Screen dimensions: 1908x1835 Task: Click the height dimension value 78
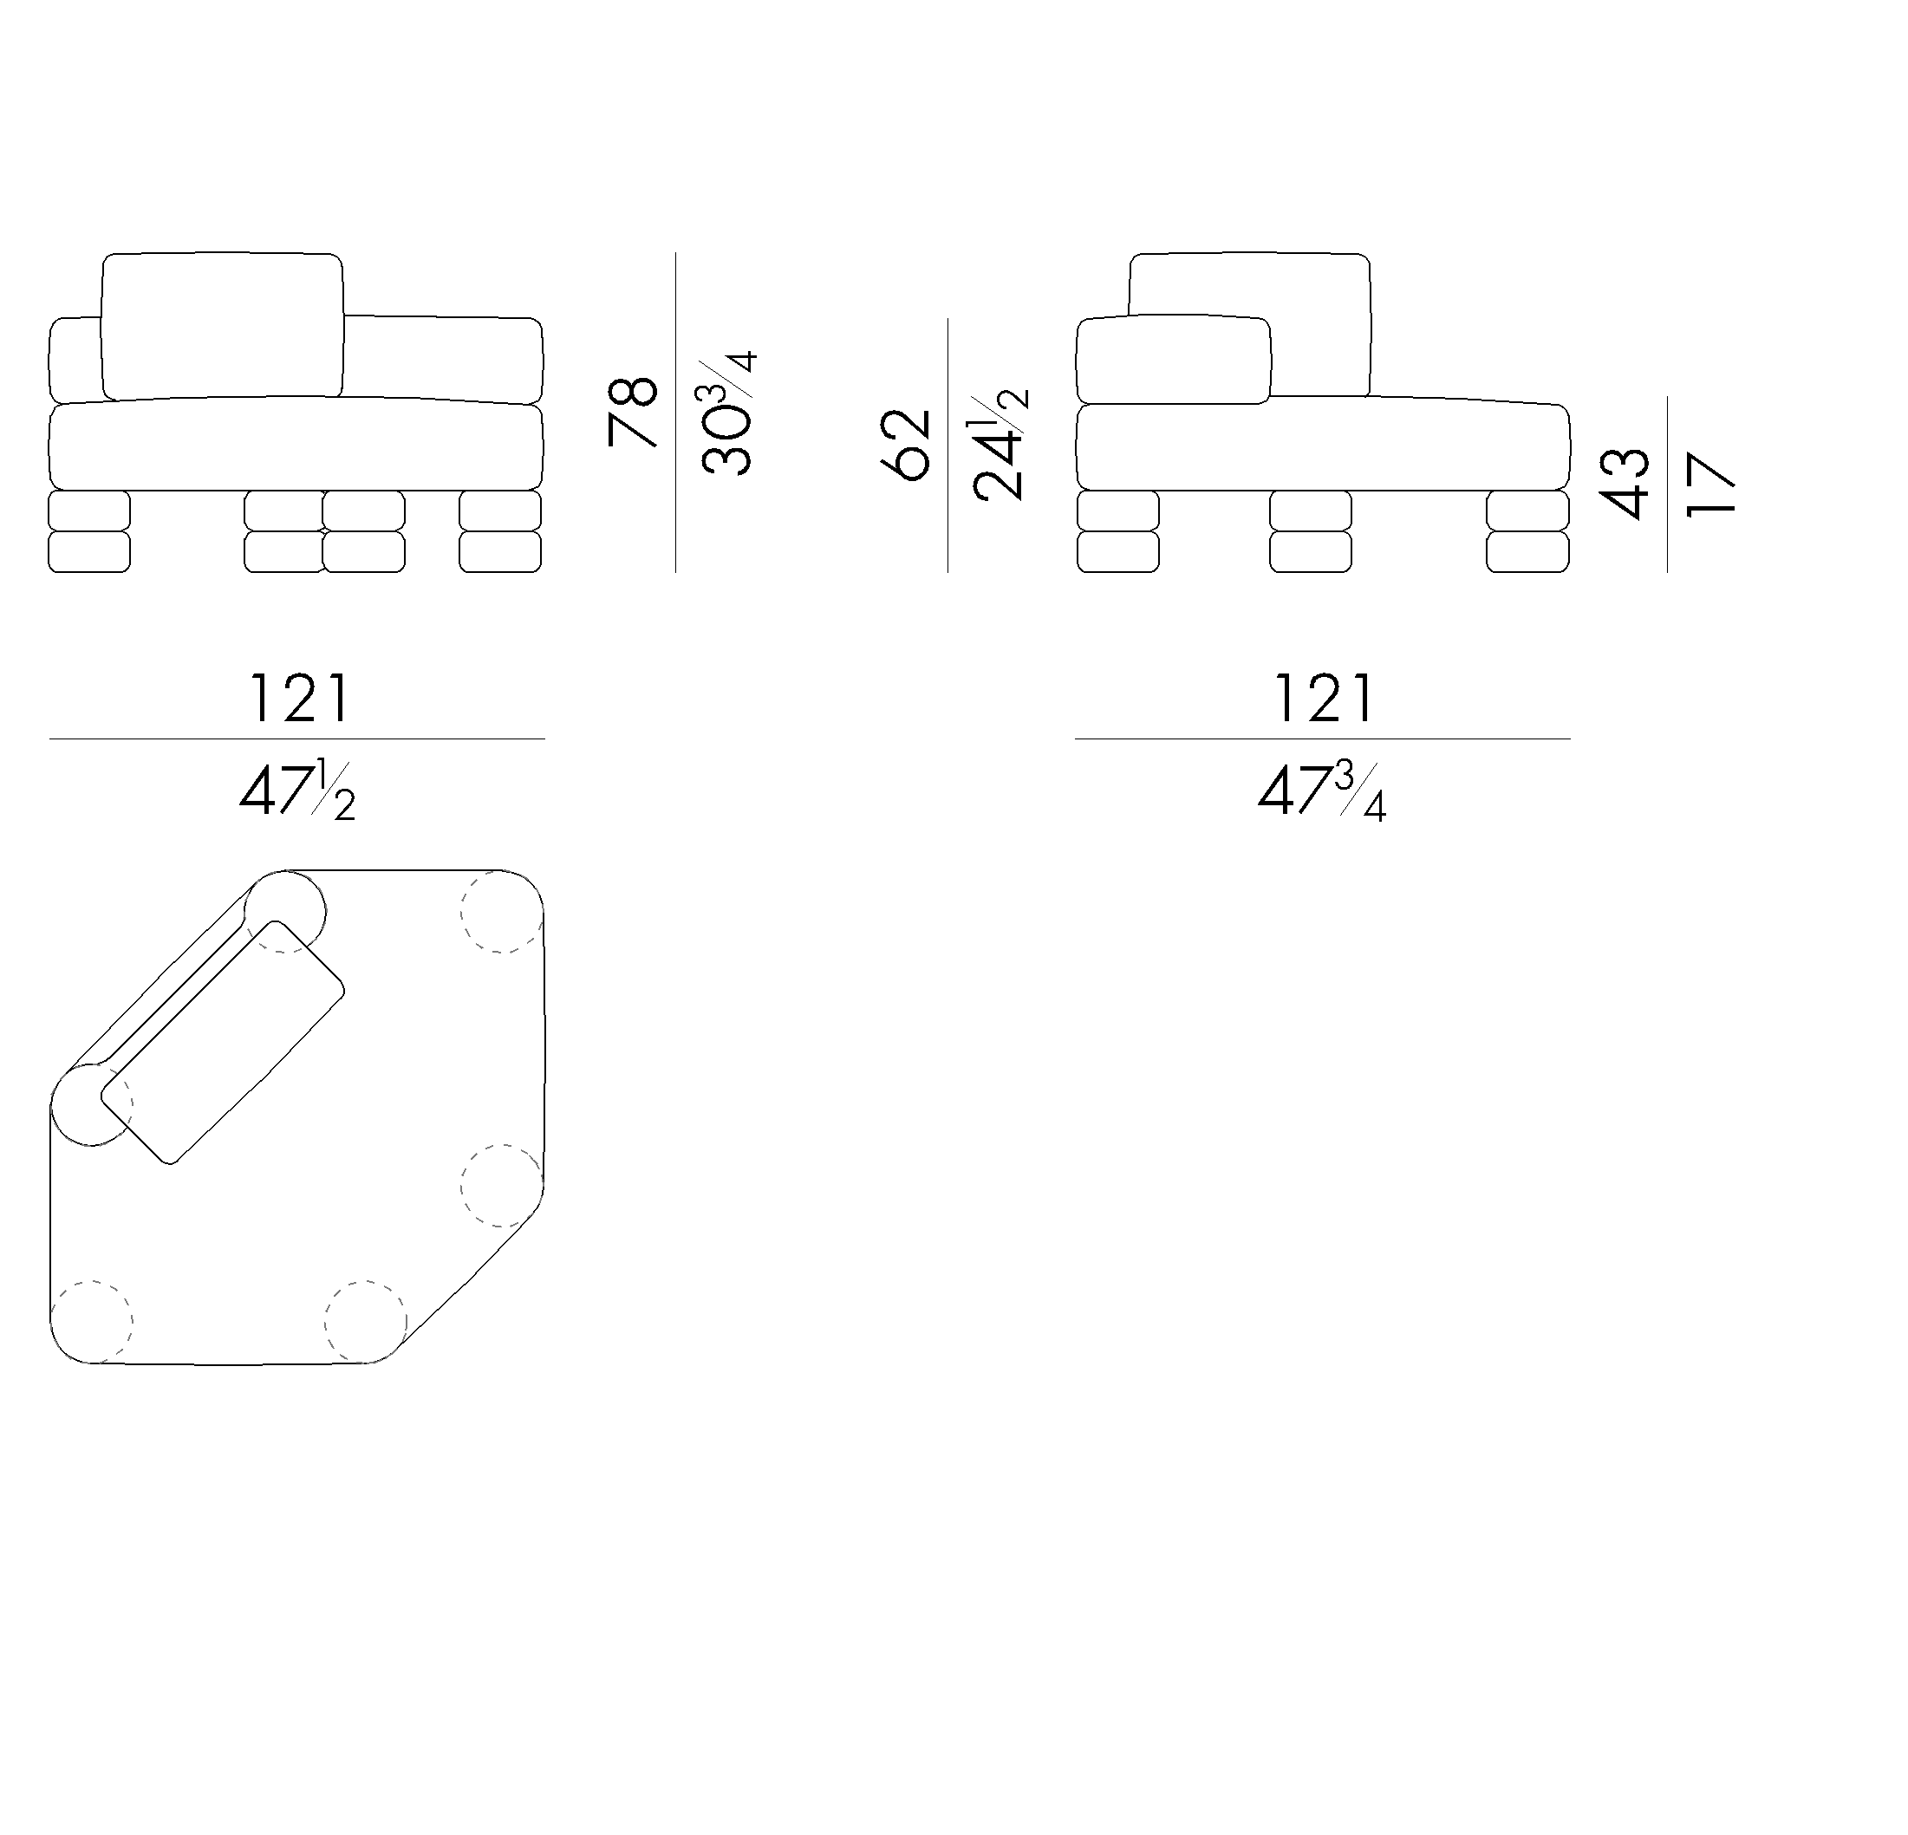(x=632, y=412)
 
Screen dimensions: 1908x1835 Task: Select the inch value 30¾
(x=728, y=413)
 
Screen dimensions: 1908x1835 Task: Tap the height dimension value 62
(x=905, y=446)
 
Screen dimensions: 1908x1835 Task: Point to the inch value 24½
(x=1000, y=445)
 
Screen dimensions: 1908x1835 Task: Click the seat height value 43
(x=1625, y=484)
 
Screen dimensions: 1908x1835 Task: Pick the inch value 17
(x=1710, y=484)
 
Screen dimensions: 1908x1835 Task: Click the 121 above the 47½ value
(x=300, y=699)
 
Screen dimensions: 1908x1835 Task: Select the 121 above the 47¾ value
(x=1324, y=699)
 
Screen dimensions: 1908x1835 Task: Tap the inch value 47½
(x=297, y=792)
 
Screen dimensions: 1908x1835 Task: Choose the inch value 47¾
(x=1321, y=792)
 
